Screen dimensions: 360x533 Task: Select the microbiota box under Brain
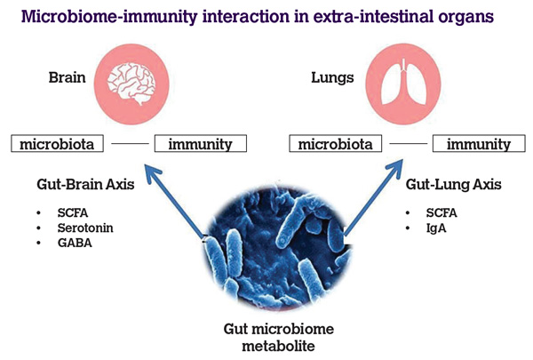[54, 143]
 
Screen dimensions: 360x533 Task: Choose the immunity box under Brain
[200, 143]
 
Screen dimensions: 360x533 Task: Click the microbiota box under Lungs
[333, 143]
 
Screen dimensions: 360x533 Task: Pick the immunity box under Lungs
[478, 143]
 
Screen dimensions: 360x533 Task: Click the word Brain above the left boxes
[67, 77]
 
